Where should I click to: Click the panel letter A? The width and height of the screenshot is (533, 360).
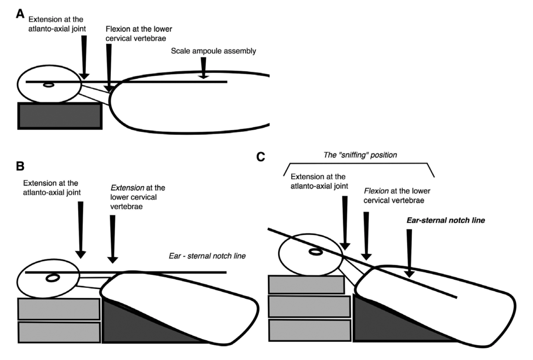pos(20,14)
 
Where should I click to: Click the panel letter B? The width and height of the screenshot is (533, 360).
pos(20,166)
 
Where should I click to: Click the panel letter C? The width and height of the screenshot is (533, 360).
pos(261,157)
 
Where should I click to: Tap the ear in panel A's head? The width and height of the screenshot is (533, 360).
pos(48,85)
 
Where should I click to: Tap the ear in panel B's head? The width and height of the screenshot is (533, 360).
pos(53,278)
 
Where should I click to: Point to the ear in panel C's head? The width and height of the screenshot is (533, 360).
pos(316,252)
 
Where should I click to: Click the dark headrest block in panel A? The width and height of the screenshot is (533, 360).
pos(60,116)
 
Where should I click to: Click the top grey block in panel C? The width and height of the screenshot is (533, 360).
pos(307,285)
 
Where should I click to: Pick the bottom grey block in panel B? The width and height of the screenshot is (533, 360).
pos(59,332)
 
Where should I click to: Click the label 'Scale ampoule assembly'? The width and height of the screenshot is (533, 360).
pos(213,51)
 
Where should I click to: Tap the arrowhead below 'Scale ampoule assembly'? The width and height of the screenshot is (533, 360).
pos(203,76)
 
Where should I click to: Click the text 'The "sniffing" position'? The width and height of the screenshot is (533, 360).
pos(360,155)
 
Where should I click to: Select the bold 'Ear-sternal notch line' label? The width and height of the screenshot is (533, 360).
pos(446,220)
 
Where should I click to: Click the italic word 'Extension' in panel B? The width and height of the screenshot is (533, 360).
pos(127,188)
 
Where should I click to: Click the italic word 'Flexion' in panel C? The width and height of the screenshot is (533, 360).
pos(376,191)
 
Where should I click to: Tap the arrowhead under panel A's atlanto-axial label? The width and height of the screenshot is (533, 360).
pos(84,76)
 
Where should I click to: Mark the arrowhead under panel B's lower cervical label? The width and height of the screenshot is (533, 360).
pos(113,260)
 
